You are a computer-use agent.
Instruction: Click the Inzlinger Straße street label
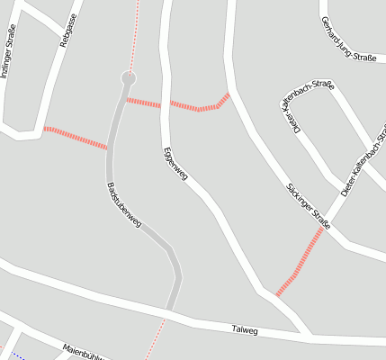[8, 54]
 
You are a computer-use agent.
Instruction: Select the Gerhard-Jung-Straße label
[348, 39]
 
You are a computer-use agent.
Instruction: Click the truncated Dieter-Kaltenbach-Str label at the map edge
[364, 163]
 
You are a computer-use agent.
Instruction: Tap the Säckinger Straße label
[308, 205]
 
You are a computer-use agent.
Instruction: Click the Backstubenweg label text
[124, 209]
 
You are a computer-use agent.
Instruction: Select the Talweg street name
[244, 331]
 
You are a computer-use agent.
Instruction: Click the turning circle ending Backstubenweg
[129, 79]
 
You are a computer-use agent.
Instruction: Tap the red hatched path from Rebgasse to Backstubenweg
[76, 138]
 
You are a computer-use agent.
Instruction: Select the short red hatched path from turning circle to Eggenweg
[143, 102]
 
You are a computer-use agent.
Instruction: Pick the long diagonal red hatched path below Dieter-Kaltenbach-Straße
[301, 262]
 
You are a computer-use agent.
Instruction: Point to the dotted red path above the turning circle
[135, 36]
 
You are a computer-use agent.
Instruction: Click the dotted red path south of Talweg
[156, 338]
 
